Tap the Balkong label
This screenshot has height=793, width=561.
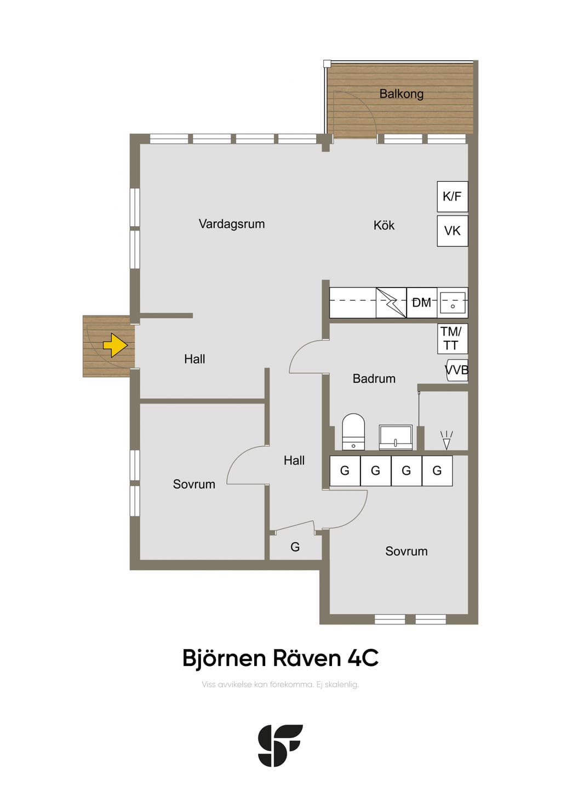click(x=401, y=94)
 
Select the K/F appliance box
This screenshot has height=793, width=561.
click(x=453, y=197)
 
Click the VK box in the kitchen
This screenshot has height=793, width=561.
click(x=453, y=231)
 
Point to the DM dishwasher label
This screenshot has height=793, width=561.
click(x=421, y=303)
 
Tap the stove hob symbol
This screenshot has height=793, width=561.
click(x=391, y=303)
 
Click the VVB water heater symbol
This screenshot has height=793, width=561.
click(x=456, y=370)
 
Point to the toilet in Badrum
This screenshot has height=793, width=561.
click(x=353, y=432)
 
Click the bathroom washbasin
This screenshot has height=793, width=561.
click(x=396, y=437)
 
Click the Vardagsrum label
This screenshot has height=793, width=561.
click(x=232, y=224)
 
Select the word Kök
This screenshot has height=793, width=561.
click(x=384, y=225)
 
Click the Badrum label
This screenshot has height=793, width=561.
click(x=374, y=379)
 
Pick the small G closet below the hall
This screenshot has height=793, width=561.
click(x=295, y=547)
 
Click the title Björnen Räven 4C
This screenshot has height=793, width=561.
click(x=280, y=658)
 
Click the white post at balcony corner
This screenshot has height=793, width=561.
click(x=327, y=64)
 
